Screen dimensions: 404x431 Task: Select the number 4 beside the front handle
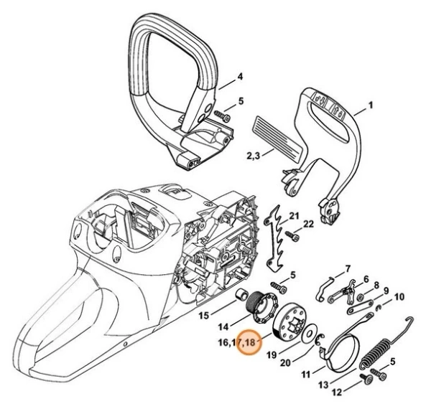240,75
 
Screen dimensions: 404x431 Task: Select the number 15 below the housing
203,314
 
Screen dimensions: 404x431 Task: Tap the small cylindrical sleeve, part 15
234,297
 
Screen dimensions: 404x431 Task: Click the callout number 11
307,374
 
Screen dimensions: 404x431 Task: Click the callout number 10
399,296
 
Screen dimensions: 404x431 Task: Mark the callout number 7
348,268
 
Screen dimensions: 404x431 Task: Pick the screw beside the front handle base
226,116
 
